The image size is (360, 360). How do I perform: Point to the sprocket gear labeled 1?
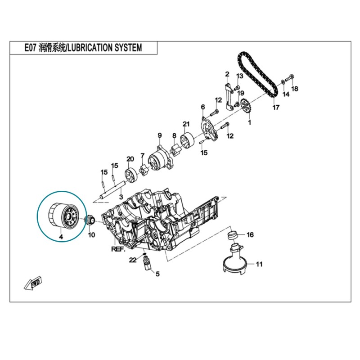point(246,108)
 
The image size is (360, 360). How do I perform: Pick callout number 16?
point(250,234)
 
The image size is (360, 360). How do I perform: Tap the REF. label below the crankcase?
point(118,248)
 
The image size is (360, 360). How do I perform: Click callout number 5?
point(157,273)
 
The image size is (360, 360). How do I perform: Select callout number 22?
point(132,260)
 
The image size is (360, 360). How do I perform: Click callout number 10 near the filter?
point(91,235)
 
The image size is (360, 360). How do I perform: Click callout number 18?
point(295,89)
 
